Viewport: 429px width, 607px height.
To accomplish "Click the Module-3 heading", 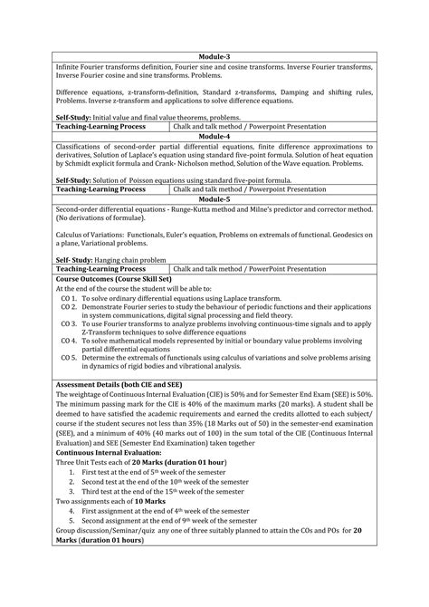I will [214, 56].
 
